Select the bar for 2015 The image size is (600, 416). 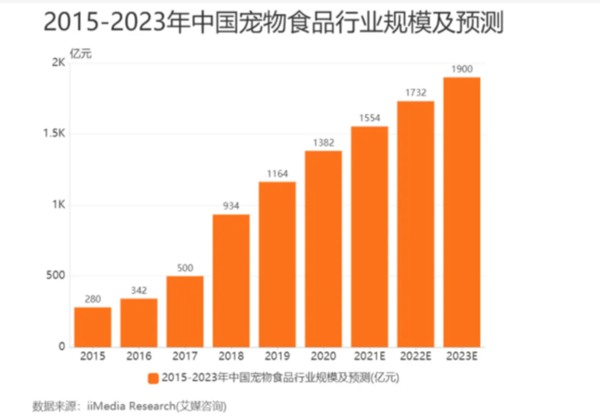93,327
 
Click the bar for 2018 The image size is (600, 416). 231,280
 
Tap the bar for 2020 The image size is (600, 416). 323,249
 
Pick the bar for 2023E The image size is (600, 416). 461,212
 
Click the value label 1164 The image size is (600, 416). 277,174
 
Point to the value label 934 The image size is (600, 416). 231,206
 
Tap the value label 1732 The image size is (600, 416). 416,93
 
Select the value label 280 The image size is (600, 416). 93,299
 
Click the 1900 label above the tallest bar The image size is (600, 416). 461,69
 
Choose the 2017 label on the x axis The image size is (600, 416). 185,357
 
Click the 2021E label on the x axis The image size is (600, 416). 370,357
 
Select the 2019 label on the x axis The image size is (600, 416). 277,357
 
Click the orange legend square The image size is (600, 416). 152,378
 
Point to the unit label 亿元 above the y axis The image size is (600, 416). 81,53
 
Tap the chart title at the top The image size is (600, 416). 273,23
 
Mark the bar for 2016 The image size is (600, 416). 139,322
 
